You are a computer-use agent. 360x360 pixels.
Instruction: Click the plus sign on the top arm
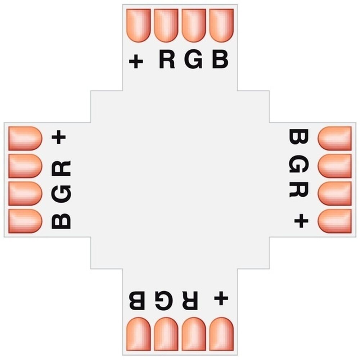point(136,61)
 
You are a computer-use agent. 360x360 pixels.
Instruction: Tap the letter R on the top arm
point(167,60)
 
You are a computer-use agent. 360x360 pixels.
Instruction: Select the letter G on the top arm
point(193,60)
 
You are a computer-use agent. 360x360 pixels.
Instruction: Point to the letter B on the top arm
point(220,60)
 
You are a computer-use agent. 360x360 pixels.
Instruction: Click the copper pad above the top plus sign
point(139,26)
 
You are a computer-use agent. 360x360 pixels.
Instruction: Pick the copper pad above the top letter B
point(221,26)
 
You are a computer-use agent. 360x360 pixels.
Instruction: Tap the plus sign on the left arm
point(59,137)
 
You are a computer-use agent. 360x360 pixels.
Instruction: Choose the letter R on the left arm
point(61,168)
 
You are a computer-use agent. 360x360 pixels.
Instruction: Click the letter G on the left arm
point(61,194)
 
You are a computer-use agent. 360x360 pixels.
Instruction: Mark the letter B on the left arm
point(61,221)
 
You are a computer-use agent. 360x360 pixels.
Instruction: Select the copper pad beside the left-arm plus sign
point(25,139)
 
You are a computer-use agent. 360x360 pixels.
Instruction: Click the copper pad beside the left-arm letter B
point(25,221)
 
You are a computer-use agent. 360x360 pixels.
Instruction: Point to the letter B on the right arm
point(298,136)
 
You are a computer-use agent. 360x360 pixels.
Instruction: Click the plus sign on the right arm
point(301,221)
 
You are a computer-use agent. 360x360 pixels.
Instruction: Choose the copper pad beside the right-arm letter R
point(334,194)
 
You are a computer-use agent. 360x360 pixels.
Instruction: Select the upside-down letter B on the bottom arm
point(137,301)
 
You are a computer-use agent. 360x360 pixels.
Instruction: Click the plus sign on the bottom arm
point(221,298)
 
